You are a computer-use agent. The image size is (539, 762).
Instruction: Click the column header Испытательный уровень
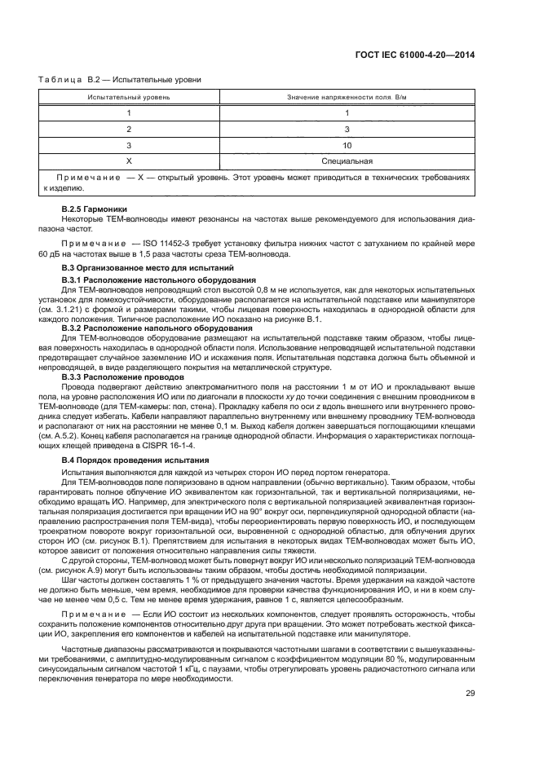coord(129,98)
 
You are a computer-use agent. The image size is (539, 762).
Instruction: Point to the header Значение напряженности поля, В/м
coord(347,98)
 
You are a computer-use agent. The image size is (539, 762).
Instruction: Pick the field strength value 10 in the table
coord(347,145)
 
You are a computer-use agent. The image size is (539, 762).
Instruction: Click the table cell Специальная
coord(347,161)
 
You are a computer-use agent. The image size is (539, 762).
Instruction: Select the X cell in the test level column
coord(129,161)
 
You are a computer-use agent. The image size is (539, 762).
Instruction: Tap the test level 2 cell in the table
coord(129,129)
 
